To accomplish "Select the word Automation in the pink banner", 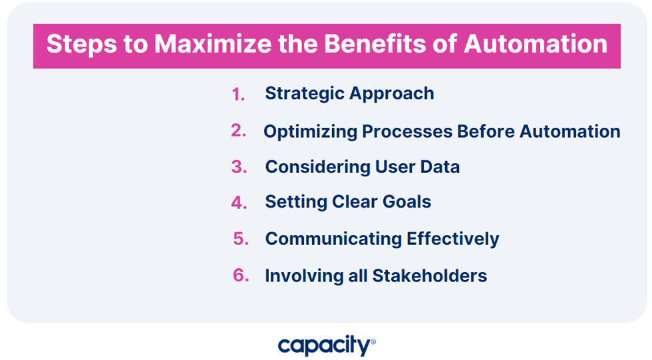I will click(x=536, y=45).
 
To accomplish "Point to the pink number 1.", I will click(x=238, y=95).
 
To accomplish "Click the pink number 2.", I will click(x=238, y=131).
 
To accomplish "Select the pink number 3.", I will click(x=238, y=167).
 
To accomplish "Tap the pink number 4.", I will click(x=239, y=203).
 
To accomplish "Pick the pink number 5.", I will click(x=240, y=239).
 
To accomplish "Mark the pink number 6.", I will click(x=240, y=275).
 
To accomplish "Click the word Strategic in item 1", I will click(x=303, y=94).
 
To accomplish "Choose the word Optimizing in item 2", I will click(x=310, y=132).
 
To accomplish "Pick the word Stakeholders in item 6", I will click(x=429, y=275).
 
